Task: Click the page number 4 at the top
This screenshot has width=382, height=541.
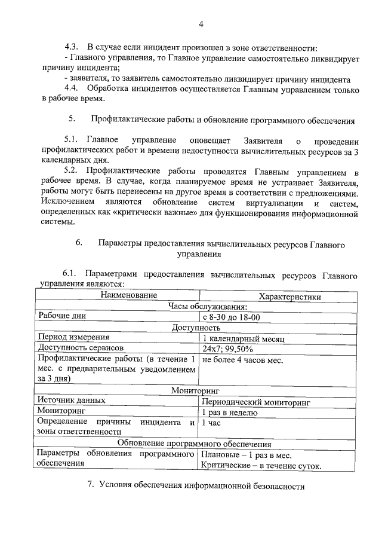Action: point(201,24)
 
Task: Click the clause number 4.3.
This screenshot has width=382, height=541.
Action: point(72,47)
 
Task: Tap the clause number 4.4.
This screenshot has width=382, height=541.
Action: point(72,90)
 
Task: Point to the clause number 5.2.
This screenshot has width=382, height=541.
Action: point(72,170)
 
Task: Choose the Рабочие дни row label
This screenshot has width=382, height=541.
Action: point(63,316)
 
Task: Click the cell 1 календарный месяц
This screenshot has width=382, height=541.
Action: point(243,338)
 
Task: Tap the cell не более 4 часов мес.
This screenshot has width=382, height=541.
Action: point(242,360)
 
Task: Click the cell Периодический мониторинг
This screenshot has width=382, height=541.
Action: point(257,402)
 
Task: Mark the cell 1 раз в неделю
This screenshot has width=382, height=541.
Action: point(229,412)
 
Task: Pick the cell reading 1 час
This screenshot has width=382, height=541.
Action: point(212,423)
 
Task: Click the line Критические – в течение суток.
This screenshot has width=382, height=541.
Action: point(261,466)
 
